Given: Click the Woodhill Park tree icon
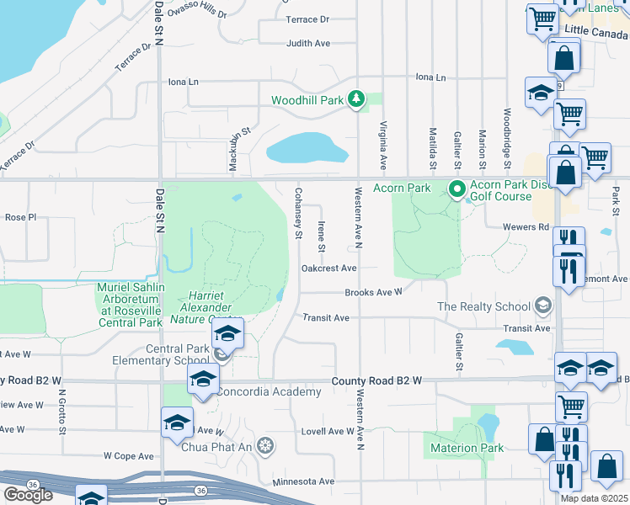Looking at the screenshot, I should [x=357, y=100].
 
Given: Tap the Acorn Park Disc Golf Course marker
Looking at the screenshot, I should [x=457, y=189].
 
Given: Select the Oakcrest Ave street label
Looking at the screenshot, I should [x=329, y=268].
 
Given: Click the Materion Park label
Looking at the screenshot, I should [x=467, y=448].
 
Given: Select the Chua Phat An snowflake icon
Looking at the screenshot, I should [x=266, y=444].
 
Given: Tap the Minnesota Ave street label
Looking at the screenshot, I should [x=303, y=482].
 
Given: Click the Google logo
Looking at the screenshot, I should [x=28, y=495].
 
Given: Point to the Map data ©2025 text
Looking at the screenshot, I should [x=595, y=498].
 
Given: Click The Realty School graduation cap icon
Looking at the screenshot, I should [x=543, y=306].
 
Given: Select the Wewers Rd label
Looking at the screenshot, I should [x=526, y=227].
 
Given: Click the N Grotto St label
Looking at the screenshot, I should [x=62, y=415].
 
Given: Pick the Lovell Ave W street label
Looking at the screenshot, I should [x=328, y=431].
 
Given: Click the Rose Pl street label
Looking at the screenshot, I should [x=20, y=217].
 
